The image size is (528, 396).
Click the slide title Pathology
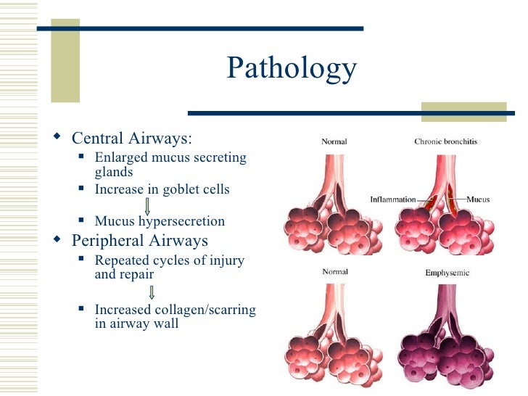(292, 69)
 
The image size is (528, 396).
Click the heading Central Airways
(132, 139)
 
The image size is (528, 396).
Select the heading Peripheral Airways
(139, 241)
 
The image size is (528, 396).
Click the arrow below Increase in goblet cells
(148, 205)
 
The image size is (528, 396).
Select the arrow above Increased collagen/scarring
(152, 293)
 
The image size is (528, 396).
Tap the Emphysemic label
(447, 273)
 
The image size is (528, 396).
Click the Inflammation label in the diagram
(392, 199)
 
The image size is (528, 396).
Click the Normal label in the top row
(334, 141)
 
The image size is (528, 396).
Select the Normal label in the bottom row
(334, 273)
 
